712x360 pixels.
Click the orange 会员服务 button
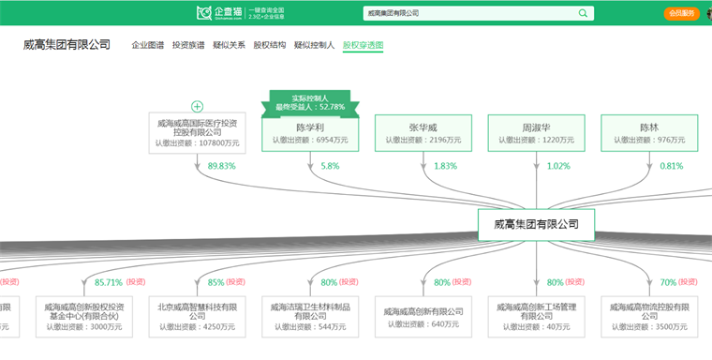pos(681,13)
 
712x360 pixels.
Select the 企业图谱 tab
pos(148,45)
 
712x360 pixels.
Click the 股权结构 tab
pos(269,45)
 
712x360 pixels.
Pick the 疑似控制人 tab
pos(314,45)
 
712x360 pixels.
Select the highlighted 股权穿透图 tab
pos(363,45)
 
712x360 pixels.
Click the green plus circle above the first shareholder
pos(198,106)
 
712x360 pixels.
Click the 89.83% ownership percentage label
pos(221,166)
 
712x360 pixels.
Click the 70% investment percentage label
pos(667,282)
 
